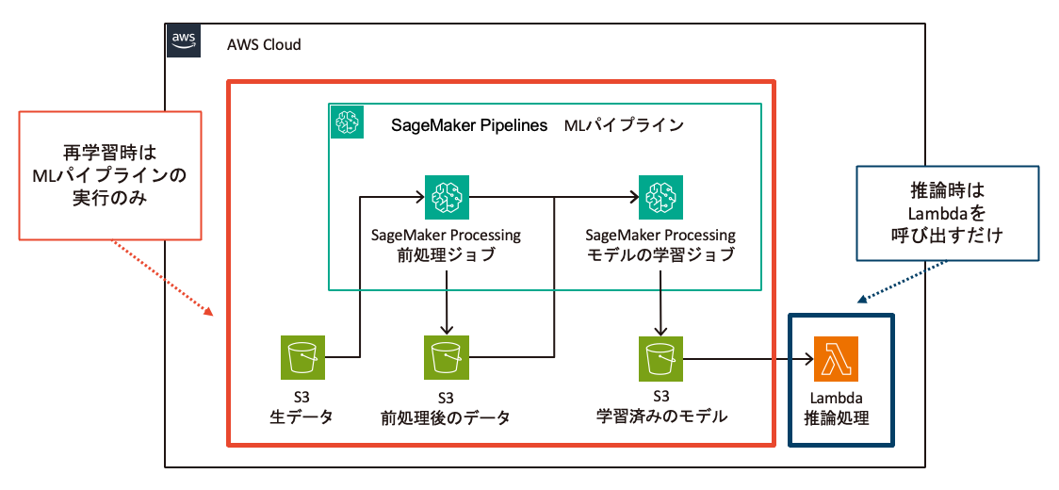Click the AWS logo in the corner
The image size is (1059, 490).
click(183, 41)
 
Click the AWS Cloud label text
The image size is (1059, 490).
click(264, 45)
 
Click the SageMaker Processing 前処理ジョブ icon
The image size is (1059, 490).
click(447, 197)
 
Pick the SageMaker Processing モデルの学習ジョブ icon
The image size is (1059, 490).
click(660, 197)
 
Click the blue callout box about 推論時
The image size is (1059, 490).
click(947, 213)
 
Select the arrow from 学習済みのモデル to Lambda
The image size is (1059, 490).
click(749, 359)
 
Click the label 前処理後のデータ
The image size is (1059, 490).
click(446, 417)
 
